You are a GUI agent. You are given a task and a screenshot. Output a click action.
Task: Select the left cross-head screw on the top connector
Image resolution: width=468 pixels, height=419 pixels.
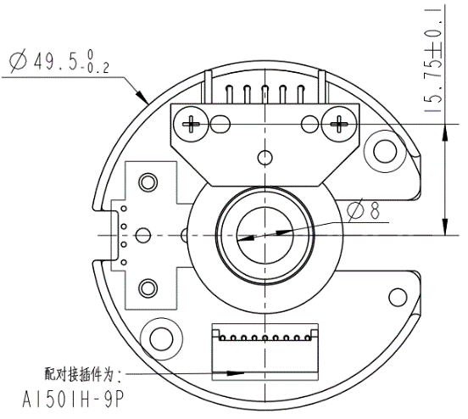click(194, 124)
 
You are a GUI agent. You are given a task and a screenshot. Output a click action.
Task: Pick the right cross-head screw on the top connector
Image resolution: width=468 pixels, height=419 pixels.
click(340, 124)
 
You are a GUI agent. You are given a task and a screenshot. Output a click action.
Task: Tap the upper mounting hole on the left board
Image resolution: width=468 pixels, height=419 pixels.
click(149, 181)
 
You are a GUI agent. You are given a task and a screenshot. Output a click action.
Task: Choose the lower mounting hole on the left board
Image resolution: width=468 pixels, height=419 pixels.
click(149, 286)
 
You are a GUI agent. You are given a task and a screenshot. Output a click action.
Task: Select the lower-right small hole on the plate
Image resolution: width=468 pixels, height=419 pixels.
click(395, 297)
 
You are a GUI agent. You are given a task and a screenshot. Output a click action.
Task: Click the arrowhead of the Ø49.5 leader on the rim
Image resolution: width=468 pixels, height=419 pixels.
click(146, 100)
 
